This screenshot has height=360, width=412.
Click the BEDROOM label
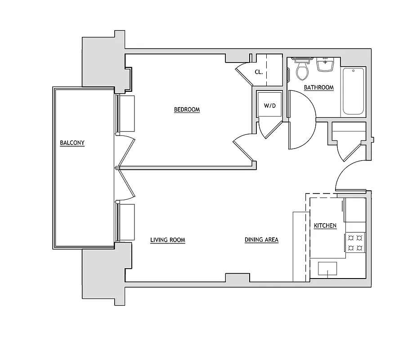[x=187, y=110]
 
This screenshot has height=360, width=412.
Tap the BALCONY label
[x=72, y=143]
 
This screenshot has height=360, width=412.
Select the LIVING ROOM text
[x=167, y=240]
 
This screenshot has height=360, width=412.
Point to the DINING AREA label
[x=261, y=240]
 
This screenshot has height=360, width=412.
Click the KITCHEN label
[x=325, y=226]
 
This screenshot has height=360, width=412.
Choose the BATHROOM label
[x=318, y=88]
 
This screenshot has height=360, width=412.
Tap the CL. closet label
[x=259, y=72]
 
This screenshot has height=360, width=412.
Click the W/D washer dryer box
[x=269, y=106]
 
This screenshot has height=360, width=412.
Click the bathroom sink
[x=325, y=65]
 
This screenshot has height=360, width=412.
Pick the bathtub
[x=354, y=92]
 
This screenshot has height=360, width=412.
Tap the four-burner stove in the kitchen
[x=355, y=243]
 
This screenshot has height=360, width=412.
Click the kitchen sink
[x=327, y=269]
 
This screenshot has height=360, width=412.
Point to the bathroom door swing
[x=302, y=120]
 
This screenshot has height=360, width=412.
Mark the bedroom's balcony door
[x=126, y=151]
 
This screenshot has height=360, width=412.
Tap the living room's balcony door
[x=126, y=184]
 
